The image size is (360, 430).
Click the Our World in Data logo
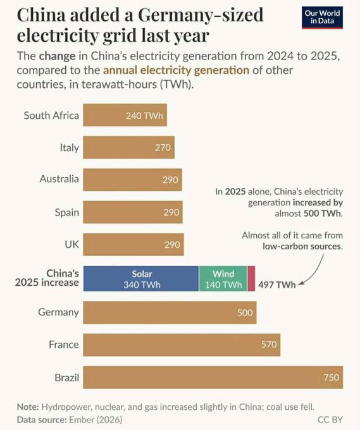(x=323, y=18)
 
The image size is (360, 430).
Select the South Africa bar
(x=125, y=115)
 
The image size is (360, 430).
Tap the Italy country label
(x=70, y=147)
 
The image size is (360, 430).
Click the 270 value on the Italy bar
(x=163, y=147)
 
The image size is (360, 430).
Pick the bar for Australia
(x=132, y=180)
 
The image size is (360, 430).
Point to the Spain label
(x=67, y=212)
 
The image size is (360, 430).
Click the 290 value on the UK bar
(x=172, y=245)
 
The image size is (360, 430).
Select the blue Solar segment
(x=141, y=279)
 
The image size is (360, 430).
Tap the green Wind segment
(x=223, y=279)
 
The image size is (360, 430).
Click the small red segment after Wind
(x=251, y=279)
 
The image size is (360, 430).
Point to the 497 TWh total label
(x=277, y=285)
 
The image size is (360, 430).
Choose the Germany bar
(x=170, y=312)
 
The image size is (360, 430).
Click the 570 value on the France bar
(x=269, y=345)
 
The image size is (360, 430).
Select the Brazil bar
(x=213, y=378)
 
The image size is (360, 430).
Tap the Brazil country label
(x=67, y=378)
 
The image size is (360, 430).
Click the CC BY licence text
(x=330, y=420)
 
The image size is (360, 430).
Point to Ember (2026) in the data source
(x=96, y=420)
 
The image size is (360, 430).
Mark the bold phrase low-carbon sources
(x=302, y=246)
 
